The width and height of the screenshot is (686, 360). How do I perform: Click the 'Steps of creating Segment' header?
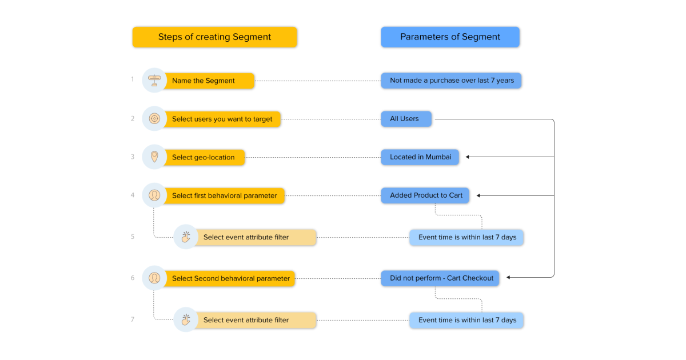(x=214, y=37)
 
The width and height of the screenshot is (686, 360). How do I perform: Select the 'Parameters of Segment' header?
(x=450, y=37)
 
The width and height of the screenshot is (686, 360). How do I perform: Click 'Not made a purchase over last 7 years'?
(x=452, y=81)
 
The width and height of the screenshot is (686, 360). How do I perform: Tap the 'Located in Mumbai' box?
(x=420, y=157)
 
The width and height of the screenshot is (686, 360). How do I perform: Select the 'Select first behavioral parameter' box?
(x=224, y=195)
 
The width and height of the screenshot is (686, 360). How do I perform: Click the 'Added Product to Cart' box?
(x=426, y=195)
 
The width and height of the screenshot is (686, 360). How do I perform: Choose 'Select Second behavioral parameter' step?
(x=231, y=278)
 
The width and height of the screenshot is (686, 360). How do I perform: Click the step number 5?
(x=133, y=237)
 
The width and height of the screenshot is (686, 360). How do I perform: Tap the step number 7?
(x=133, y=319)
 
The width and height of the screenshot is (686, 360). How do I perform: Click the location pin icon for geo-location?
(x=154, y=157)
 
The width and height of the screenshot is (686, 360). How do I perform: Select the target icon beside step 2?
(x=154, y=118)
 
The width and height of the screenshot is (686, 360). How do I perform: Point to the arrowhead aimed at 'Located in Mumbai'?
(x=468, y=157)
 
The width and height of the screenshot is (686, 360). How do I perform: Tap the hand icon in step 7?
(x=186, y=319)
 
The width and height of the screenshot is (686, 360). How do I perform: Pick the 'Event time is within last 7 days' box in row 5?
(x=466, y=237)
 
